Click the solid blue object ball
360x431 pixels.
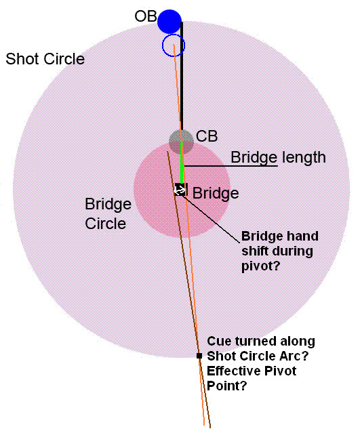pos(169,22)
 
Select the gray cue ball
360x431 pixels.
pos(181,142)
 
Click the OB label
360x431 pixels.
pos(146,16)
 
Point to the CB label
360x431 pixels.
pos(207,136)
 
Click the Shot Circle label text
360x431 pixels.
pos(45,59)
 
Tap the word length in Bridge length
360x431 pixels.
pos(304,157)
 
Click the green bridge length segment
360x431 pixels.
pos(182,163)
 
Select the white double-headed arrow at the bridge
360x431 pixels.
pos(180,189)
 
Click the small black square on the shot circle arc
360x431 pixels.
pos(199,356)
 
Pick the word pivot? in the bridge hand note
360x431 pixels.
pos(260,266)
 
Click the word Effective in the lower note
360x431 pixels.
pos(233,371)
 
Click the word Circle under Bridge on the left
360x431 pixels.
pos(106,224)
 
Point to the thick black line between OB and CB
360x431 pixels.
pos(182,76)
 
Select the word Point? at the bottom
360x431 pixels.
pos(227,386)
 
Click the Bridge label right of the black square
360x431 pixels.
pos(216,193)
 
